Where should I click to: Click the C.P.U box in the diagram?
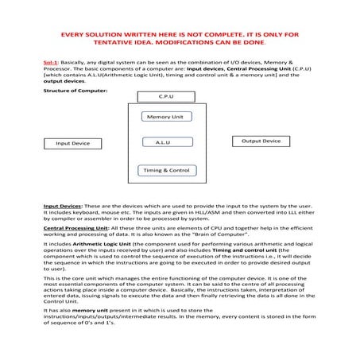click(166, 96)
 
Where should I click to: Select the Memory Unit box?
click(165, 117)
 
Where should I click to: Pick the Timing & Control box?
click(165, 170)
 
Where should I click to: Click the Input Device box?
click(72, 144)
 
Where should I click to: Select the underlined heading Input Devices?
click(63, 206)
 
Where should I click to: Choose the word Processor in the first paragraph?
click(61, 68)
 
